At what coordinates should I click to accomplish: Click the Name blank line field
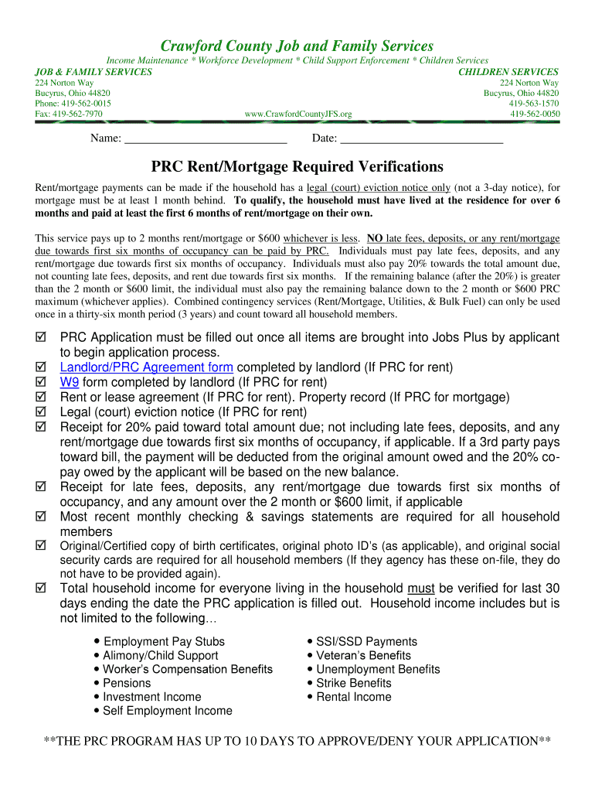(x=205, y=139)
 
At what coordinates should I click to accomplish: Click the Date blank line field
(x=421, y=139)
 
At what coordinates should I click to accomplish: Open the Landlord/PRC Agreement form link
(x=147, y=367)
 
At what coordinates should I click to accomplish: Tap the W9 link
(x=70, y=382)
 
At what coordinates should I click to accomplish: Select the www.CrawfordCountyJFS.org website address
(x=297, y=114)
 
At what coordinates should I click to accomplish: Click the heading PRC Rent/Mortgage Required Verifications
(x=297, y=167)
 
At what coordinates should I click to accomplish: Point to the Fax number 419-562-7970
(x=69, y=114)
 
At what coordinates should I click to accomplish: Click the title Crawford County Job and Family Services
(x=297, y=46)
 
